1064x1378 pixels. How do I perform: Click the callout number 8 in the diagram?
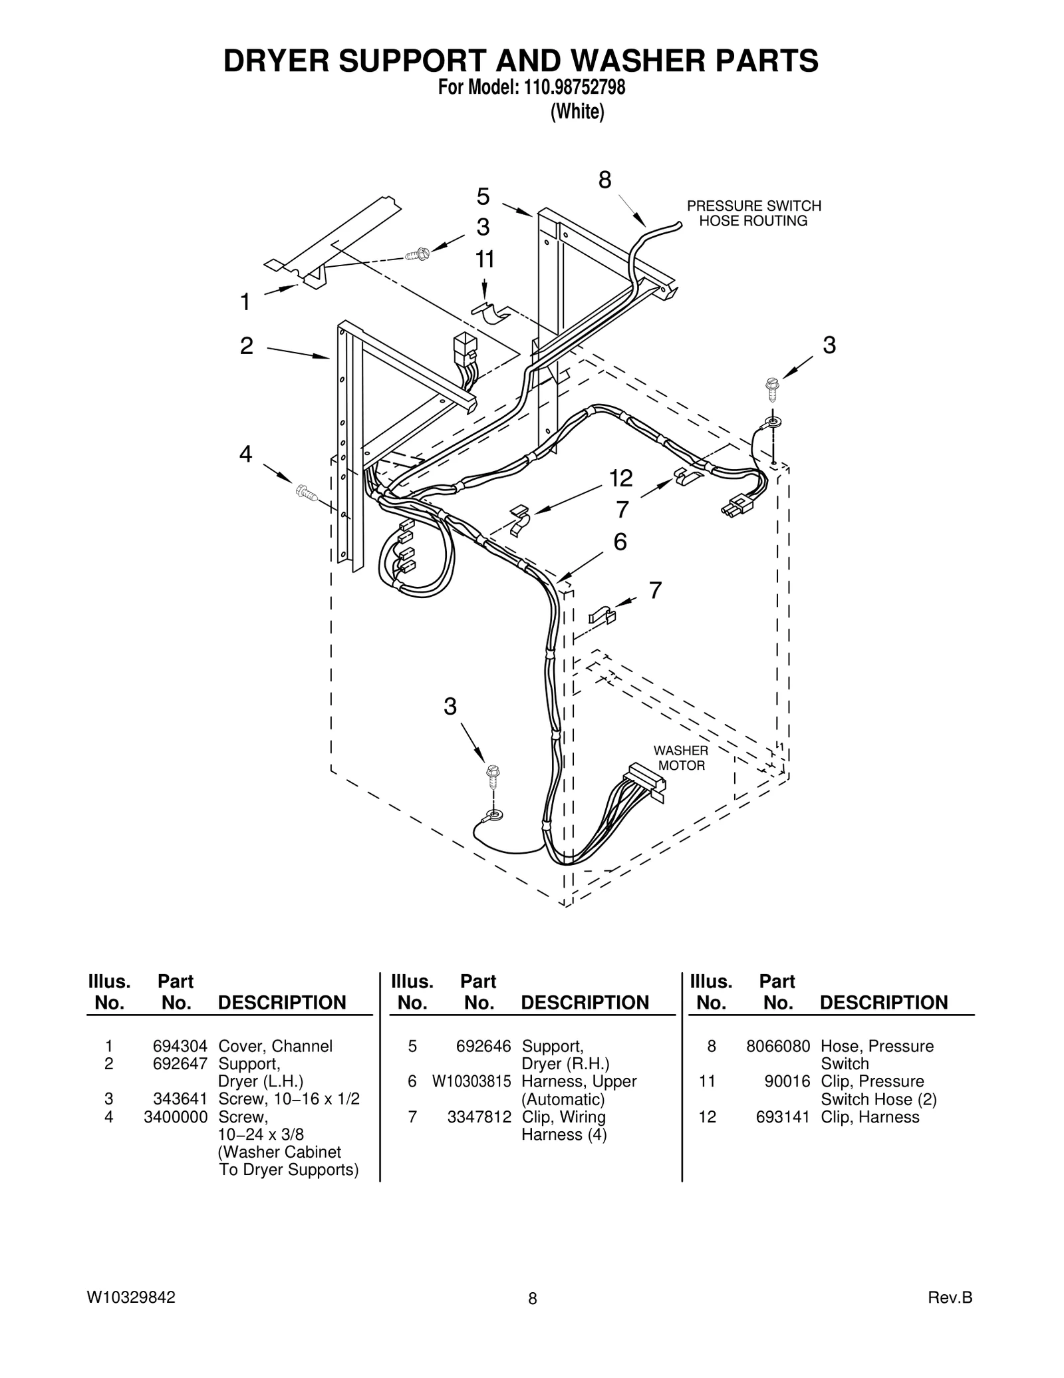(x=604, y=180)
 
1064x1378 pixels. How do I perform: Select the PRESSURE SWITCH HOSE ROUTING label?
(x=753, y=214)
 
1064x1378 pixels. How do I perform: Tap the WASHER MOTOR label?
(x=681, y=758)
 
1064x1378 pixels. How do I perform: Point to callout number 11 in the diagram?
(x=485, y=259)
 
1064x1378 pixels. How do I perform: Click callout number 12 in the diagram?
(x=620, y=478)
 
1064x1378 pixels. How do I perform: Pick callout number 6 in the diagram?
(x=620, y=542)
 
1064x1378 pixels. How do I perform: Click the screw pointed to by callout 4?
(x=306, y=493)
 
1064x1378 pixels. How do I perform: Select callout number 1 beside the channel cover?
(x=245, y=302)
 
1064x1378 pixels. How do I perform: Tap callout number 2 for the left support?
(x=246, y=346)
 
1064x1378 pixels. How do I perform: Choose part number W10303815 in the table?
(x=471, y=1081)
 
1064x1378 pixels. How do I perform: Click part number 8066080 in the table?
(x=777, y=1046)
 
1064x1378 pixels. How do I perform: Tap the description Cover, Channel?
(x=275, y=1046)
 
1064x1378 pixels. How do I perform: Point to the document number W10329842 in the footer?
(x=131, y=1297)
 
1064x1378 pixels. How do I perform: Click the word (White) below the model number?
(x=577, y=112)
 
